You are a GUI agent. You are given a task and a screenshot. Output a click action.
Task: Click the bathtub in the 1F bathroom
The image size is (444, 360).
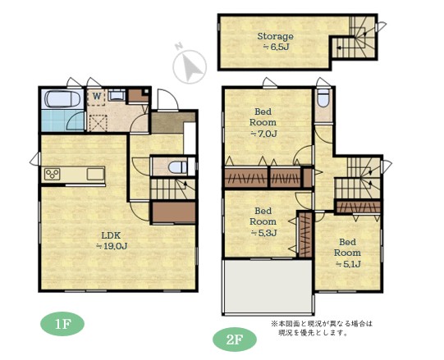pyautogui.click(x=62, y=98)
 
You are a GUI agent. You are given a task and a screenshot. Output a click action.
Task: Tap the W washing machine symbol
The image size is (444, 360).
pyautogui.click(x=97, y=97)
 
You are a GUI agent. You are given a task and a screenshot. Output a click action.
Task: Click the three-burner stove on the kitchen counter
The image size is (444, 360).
pyautogui.click(x=53, y=174)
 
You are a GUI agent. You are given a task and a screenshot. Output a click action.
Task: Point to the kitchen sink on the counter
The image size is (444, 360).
pyautogui.click(x=95, y=174)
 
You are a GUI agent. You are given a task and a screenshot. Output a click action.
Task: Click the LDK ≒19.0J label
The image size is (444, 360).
pyautogui.click(x=112, y=240)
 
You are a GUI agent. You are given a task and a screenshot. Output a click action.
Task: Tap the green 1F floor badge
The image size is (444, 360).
pyautogui.click(x=62, y=325)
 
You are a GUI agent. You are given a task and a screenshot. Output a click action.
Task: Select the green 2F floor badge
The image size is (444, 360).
pyautogui.click(x=235, y=339)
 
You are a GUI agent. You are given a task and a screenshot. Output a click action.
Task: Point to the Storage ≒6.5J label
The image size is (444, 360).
pyautogui.click(x=275, y=41)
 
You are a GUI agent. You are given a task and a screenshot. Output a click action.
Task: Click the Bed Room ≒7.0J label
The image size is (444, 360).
pyautogui.click(x=263, y=122)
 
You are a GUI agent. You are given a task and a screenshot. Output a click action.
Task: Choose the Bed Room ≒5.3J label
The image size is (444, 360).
pyautogui.click(x=263, y=222)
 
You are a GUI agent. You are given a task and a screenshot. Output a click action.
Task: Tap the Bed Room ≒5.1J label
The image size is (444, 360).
pyautogui.click(x=347, y=253)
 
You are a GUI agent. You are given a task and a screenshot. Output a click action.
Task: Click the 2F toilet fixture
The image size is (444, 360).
pyautogui.click(x=323, y=98)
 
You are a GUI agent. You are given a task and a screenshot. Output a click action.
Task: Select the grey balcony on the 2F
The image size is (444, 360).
pyautogui.click(x=268, y=286)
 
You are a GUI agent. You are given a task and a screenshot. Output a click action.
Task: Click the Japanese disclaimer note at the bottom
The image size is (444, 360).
pyautogui.click(x=322, y=328)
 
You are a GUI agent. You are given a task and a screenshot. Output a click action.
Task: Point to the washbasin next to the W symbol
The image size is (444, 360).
pyautogui.click(x=117, y=95)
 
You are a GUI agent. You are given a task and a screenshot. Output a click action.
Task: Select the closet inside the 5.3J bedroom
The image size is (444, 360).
pyautogui.click(x=305, y=235)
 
